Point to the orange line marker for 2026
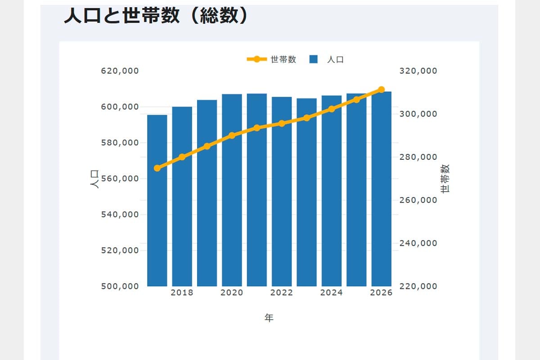point(381,90)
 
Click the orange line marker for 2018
point(182,157)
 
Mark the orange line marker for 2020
point(232,135)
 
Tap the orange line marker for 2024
point(332,109)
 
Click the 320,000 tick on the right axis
point(418,71)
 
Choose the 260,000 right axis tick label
point(418,200)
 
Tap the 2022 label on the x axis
point(282,293)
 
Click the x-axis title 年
point(269,318)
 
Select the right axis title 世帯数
point(445,179)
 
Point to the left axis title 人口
point(94,179)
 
